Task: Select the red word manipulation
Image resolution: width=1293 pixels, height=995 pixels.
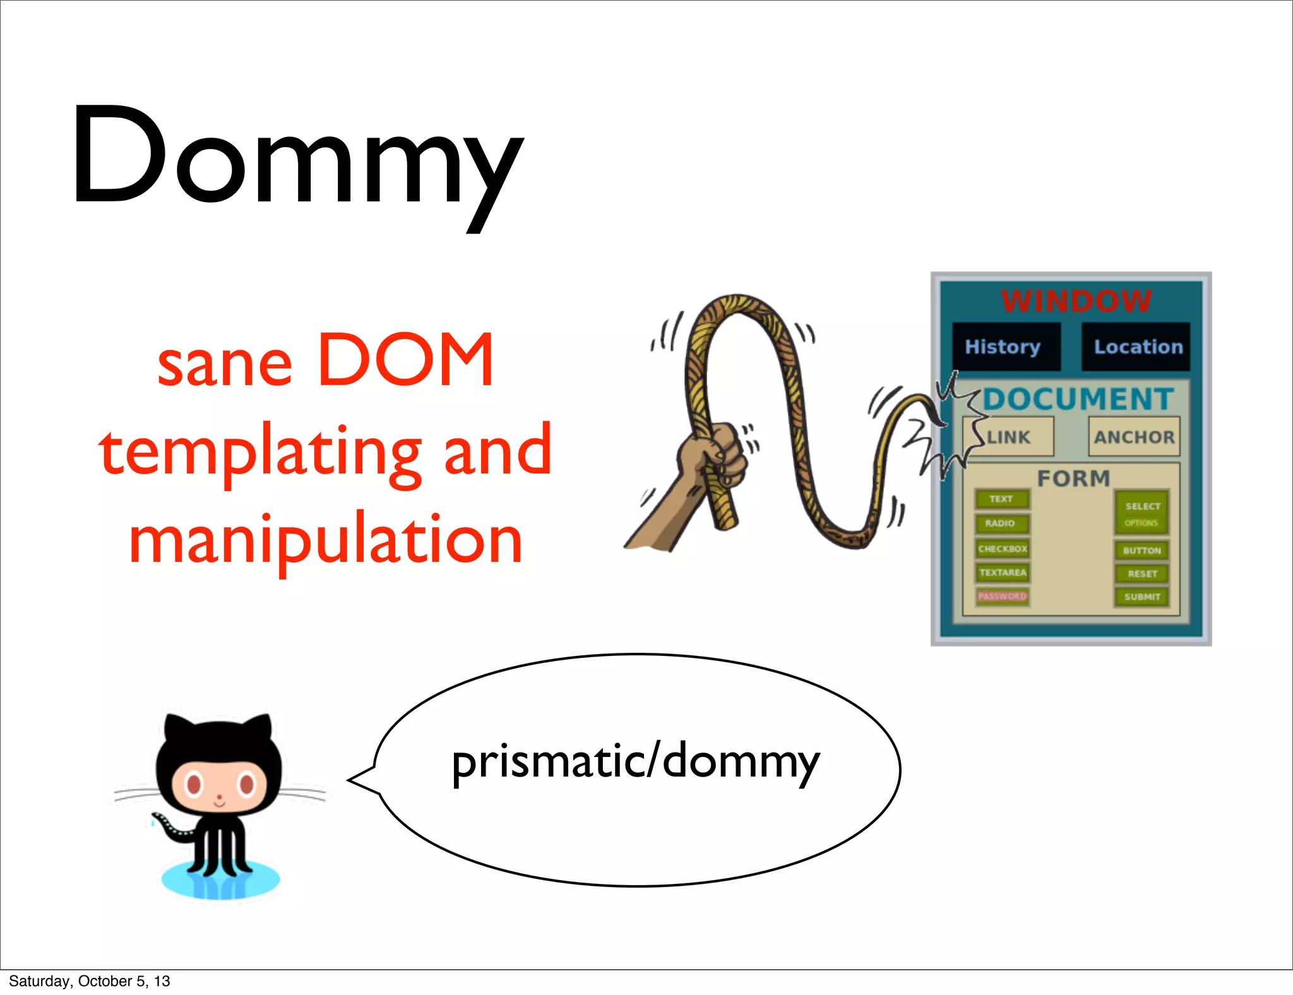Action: click(x=326, y=540)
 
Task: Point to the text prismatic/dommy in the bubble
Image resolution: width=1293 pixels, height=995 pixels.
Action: click(x=635, y=762)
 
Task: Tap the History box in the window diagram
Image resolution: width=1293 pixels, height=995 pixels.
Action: click(x=1005, y=347)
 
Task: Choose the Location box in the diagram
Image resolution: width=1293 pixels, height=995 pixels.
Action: click(x=1136, y=347)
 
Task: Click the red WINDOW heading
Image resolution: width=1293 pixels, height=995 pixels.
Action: click(x=1076, y=301)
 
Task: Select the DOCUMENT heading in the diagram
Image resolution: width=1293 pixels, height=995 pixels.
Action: click(x=1078, y=399)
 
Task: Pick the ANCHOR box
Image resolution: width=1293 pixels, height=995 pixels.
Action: click(x=1134, y=437)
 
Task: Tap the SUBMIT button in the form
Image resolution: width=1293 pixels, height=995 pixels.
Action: click(x=1141, y=597)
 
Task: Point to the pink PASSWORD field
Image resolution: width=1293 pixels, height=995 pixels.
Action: click(x=1002, y=596)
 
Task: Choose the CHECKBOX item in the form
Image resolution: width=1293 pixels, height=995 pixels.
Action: click(x=1002, y=549)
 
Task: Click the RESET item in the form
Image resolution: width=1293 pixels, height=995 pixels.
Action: click(x=1141, y=574)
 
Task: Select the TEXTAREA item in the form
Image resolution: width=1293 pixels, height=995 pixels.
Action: click(x=1002, y=573)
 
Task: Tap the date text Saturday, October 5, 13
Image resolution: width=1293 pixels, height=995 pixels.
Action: click(x=90, y=981)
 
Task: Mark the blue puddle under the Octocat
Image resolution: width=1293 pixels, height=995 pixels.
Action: click(x=220, y=881)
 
